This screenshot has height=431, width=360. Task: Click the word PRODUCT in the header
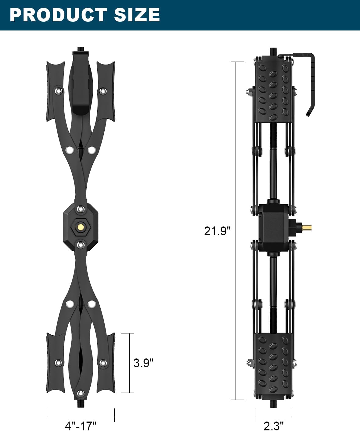[x=59, y=15]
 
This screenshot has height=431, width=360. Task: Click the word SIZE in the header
[x=137, y=15]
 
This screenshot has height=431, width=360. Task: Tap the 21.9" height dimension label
[x=217, y=231]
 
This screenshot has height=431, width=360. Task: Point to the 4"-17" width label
[x=81, y=426]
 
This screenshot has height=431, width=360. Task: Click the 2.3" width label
[x=274, y=426]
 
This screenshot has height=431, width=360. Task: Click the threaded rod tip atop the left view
[x=81, y=49]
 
